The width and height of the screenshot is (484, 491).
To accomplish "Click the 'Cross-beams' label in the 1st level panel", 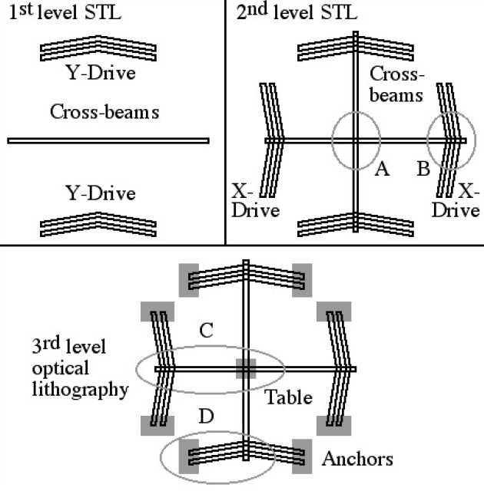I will click(x=104, y=112).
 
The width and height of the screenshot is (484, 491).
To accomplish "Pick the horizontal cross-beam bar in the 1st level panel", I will click(x=108, y=140).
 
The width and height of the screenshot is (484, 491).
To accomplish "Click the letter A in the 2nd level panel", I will click(x=380, y=170).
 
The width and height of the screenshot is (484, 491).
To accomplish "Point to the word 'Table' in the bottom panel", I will click(x=289, y=397).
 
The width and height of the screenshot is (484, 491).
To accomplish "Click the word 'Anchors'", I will click(x=357, y=459).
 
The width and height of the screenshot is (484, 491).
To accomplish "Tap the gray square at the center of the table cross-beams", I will click(x=245, y=369).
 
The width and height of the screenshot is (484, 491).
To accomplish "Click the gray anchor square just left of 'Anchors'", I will click(x=302, y=455).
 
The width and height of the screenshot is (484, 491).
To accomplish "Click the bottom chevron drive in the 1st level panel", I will click(x=98, y=225).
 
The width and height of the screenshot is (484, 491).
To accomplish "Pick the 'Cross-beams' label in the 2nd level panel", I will click(x=396, y=84).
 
